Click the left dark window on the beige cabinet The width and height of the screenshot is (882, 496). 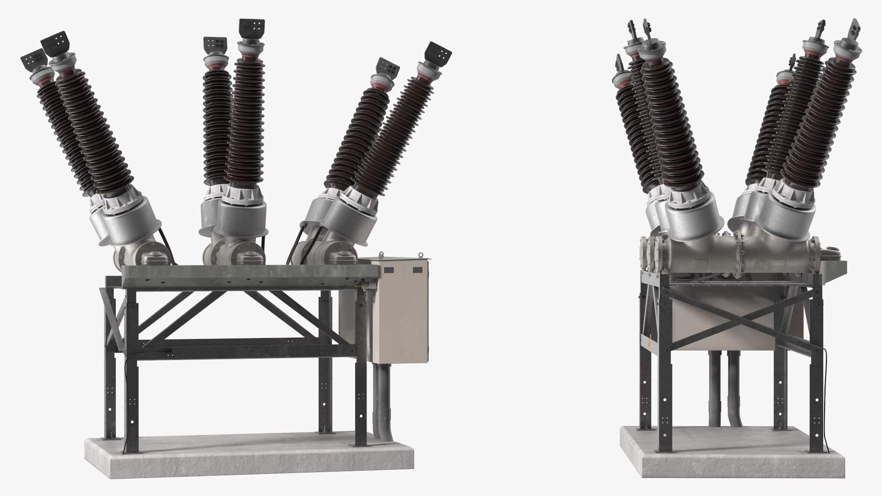pyautogui.click(x=389, y=270)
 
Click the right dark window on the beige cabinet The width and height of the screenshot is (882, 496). pyautogui.click(x=417, y=270)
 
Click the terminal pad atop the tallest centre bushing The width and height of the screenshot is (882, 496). pyautogui.click(x=251, y=30)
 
